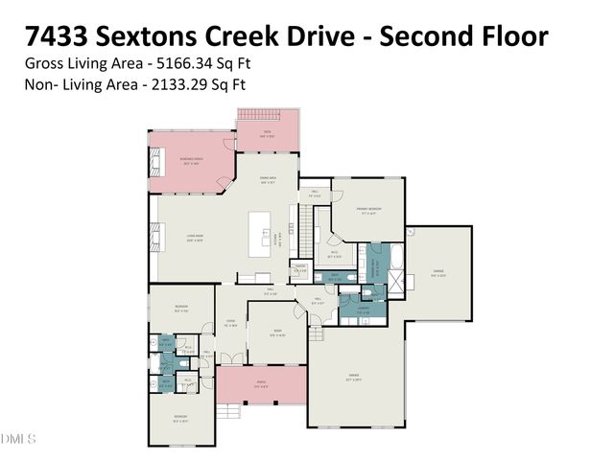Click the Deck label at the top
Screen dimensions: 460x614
(268, 135)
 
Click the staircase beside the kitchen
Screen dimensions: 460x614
(307, 230)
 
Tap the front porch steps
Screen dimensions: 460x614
(226, 411)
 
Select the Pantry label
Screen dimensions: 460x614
(300, 269)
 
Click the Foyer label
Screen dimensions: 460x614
(229, 323)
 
